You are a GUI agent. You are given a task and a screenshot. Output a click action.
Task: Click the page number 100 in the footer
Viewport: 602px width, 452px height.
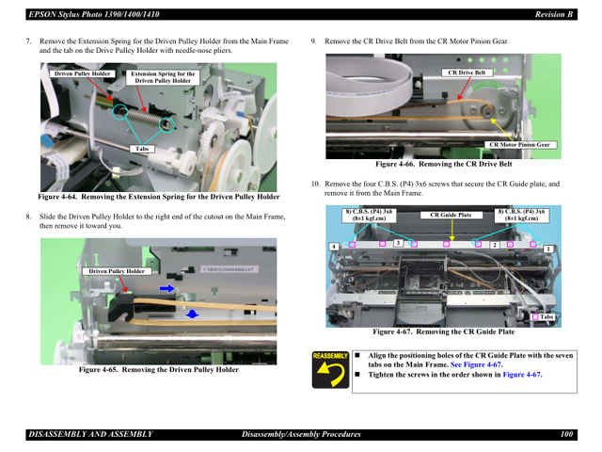pyautogui.click(x=566, y=434)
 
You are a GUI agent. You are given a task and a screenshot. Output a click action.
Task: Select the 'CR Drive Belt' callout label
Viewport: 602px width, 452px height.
pyautogui.click(x=467, y=73)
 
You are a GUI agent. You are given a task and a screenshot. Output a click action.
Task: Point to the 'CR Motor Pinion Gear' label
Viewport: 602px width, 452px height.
pyautogui.click(x=520, y=145)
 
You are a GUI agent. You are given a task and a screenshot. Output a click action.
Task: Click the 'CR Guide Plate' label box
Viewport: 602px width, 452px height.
pyautogui.click(x=451, y=215)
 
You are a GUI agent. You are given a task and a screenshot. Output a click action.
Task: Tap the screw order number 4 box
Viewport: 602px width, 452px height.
pyautogui.click(x=334, y=246)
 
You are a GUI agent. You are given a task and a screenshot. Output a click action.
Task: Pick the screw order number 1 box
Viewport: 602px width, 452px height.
pyautogui.click(x=547, y=248)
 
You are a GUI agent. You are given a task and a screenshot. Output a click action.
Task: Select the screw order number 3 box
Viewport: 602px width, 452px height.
pyautogui.click(x=398, y=243)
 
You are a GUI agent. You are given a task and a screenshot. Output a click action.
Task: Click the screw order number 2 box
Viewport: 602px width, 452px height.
pyautogui.click(x=493, y=245)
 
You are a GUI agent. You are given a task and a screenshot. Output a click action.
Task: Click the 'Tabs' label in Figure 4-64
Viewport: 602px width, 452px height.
pyautogui.click(x=142, y=149)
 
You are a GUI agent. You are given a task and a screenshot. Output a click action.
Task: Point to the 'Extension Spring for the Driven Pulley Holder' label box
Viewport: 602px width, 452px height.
pyautogui.click(x=163, y=77)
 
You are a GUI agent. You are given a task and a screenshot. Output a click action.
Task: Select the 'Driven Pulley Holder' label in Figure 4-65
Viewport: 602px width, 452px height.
pyautogui.click(x=117, y=271)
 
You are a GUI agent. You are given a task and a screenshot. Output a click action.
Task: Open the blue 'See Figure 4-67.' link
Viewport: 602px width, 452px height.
pyautogui.click(x=476, y=364)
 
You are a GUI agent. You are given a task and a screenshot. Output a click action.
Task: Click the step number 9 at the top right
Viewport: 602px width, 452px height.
pyautogui.click(x=313, y=41)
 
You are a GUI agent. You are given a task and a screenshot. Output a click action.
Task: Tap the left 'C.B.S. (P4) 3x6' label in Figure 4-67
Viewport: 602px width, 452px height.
pyautogui.click(x=369, y=215)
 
